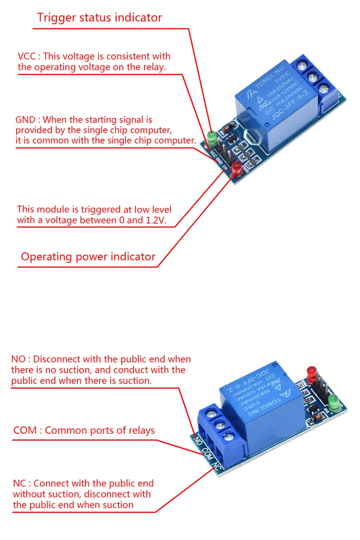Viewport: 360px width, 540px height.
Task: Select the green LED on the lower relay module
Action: click(333, 400)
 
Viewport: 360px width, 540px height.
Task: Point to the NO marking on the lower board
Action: click(196, 437)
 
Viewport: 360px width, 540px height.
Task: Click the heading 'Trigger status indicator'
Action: click(99, 18)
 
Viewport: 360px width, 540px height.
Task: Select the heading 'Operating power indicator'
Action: click(88, 257)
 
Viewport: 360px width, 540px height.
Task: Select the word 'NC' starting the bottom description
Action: click(19, 484)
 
